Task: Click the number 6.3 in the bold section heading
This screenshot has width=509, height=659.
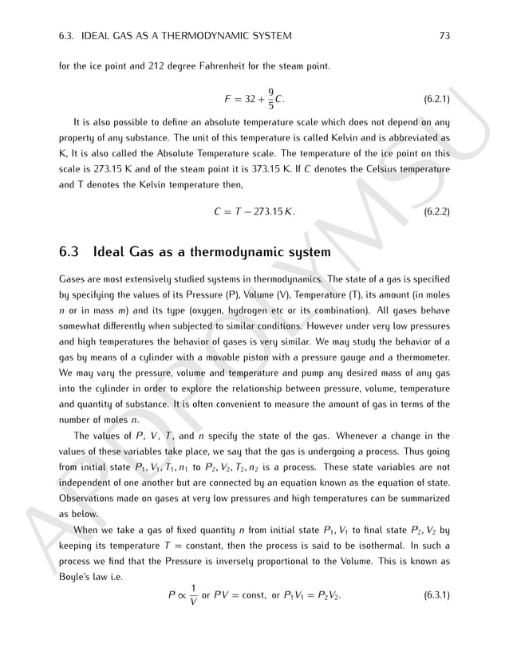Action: (70, 253)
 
